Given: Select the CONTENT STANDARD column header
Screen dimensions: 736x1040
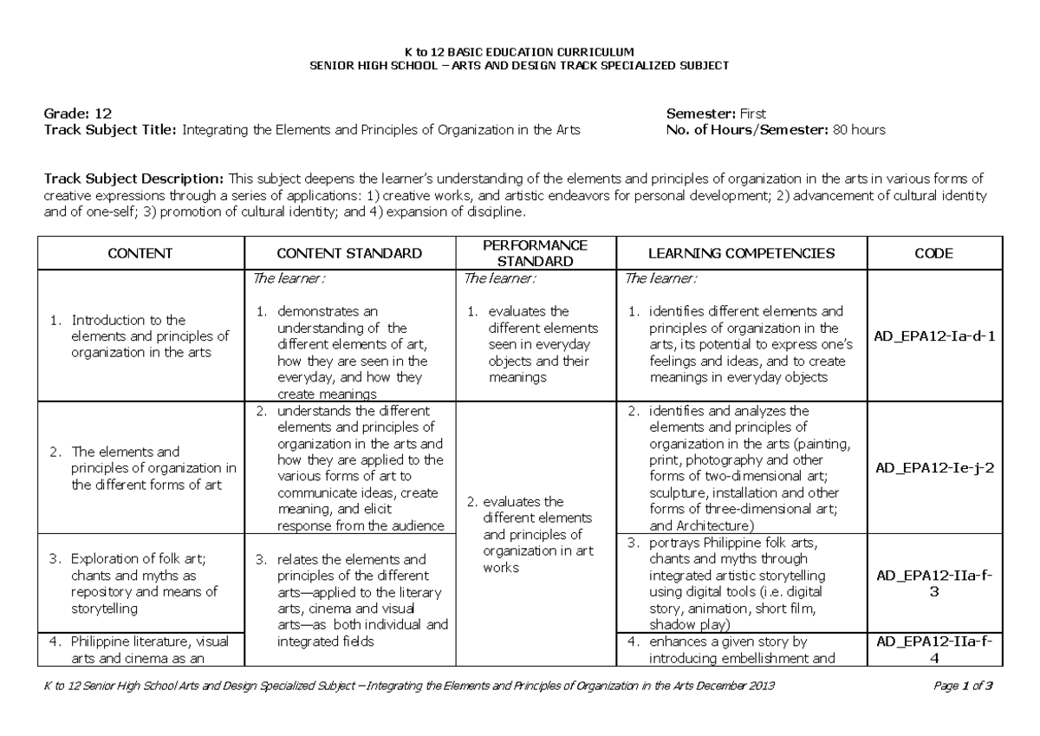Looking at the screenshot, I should point(349,253).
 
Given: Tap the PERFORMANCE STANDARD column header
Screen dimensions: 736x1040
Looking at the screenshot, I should point(535,253).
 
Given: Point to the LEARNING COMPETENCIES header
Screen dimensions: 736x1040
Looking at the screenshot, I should point(743,253).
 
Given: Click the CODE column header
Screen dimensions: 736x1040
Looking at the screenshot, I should point(933,253).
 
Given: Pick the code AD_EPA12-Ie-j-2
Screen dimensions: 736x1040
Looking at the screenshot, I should point(933,466).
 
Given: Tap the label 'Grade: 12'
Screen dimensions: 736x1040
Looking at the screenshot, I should point(78,114).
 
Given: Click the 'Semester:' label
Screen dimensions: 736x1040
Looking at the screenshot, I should point(701,114).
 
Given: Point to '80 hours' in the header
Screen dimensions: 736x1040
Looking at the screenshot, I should point(859,130).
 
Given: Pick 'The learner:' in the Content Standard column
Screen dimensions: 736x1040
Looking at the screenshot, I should point(289,278).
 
